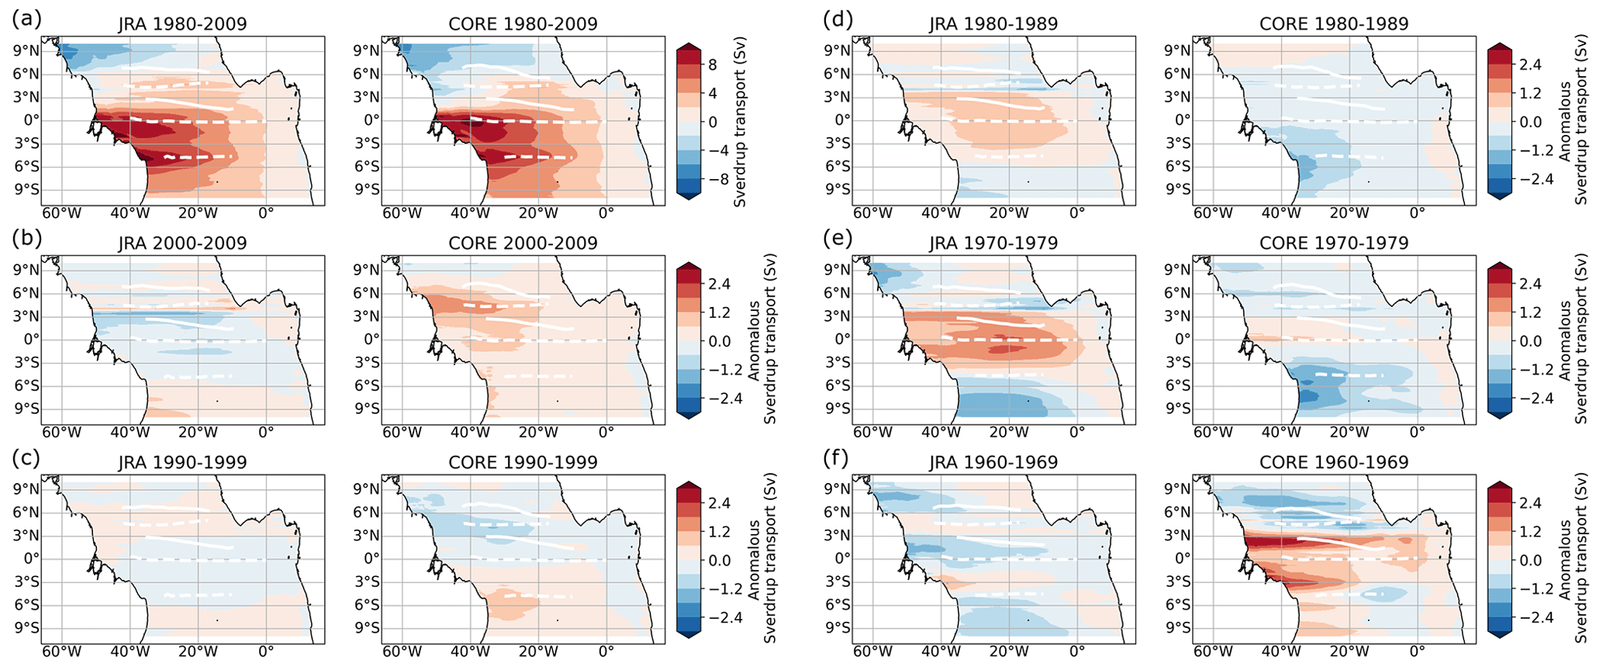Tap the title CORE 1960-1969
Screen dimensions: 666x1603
pos(1334,462)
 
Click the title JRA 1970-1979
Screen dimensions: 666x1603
pos(993,243)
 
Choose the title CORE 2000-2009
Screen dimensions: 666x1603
pos(523,243)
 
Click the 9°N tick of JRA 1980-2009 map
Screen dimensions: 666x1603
pos(26,50)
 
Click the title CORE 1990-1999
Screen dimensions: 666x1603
pos(523,462)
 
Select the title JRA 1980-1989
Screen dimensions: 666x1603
pos(993,24)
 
